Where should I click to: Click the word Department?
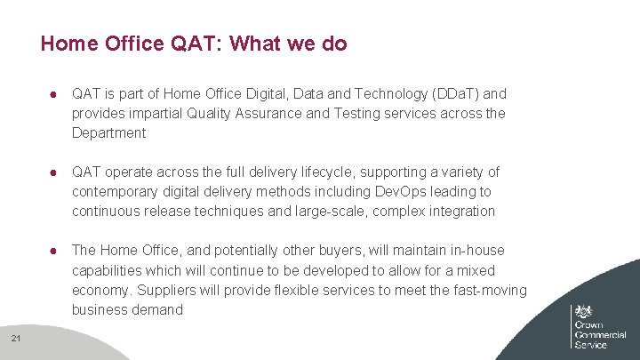(x=108, y=132)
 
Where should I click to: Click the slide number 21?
(x=17, y=337)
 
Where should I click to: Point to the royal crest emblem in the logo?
(x=584, y=313)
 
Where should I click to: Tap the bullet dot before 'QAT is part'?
(x=54, y=93)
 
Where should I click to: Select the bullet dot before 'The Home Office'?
(x=54, y=250)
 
